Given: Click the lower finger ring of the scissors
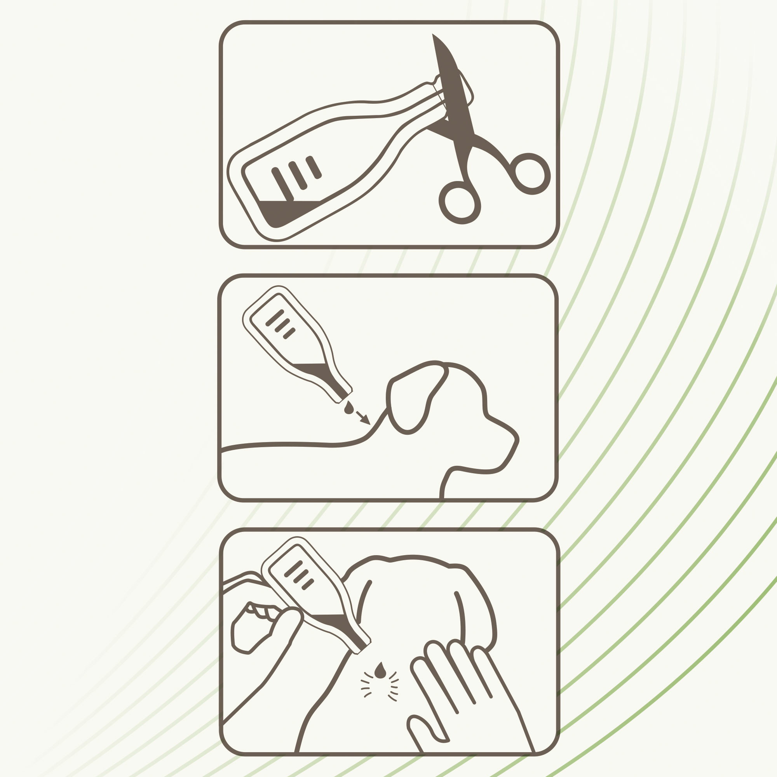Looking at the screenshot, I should point(459,202).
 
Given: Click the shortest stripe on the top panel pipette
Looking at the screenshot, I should point(314,167).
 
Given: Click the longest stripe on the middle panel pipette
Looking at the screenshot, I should point(275,317).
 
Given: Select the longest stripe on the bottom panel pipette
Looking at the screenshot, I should point(293,568).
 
